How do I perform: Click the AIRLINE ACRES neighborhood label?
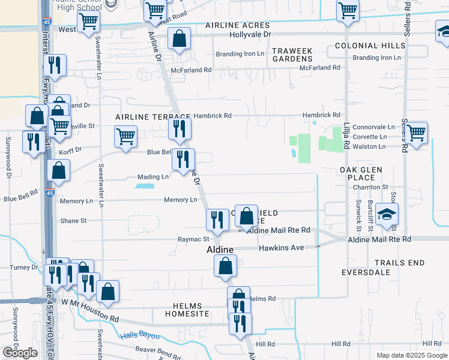pyautogui.click(x=238, y=26)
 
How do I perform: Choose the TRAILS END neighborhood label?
pyautogui.click(x=399, y=263)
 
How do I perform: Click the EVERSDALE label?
pyautogui.click(x=366, y=272)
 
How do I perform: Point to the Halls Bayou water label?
pyautogui.click(x=140, y=335)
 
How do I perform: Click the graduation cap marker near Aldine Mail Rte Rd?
pyautogui.click(x=387, y=214)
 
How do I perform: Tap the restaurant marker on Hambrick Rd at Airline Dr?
pyautogui.click(x=179, y=128)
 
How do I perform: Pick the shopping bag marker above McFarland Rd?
pyautogui.click(x=179, y=39)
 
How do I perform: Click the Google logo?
pyautogui.click(x=20, y=353)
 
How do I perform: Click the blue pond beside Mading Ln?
pyautogui.click(x=144, y=187)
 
